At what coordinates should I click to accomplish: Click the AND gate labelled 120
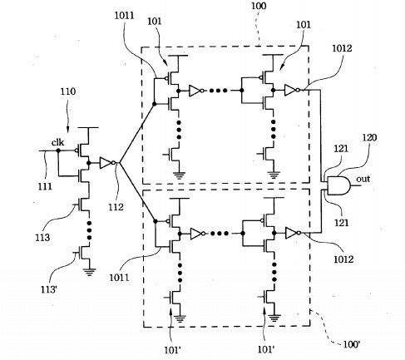click(x=338, y=185)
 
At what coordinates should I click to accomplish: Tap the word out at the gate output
click(x=363, y=179)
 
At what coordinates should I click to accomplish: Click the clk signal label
click(x=57, y=142)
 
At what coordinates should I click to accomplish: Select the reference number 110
click(x=68, y=91)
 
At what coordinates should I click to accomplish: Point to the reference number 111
click(x=45, y=186)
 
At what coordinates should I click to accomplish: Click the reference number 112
click(x=116, y=207)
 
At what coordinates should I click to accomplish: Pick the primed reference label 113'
click(x=49, y=289)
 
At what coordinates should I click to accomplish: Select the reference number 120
click(x=369, y=137)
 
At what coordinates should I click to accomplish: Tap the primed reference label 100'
click(x=352, y=344)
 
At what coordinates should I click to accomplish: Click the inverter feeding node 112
click(x=107, y=163)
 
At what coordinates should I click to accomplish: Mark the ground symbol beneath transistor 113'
click(x=89, y=272)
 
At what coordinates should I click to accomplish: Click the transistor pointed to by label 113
click(x=82, y=205)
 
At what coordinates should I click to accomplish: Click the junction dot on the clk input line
click(x=58, y=150)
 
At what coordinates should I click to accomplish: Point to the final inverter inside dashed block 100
click(x=292, y=91)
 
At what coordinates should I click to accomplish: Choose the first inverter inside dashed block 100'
click(x=198, y=234)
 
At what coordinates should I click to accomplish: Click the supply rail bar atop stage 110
click(x=88, y=128)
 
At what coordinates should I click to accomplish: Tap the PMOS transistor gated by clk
click(x=82, y=150)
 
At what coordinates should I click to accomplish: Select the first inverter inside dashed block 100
click(x=196, y=91)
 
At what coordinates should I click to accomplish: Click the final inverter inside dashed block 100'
click(x=293, y=234)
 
